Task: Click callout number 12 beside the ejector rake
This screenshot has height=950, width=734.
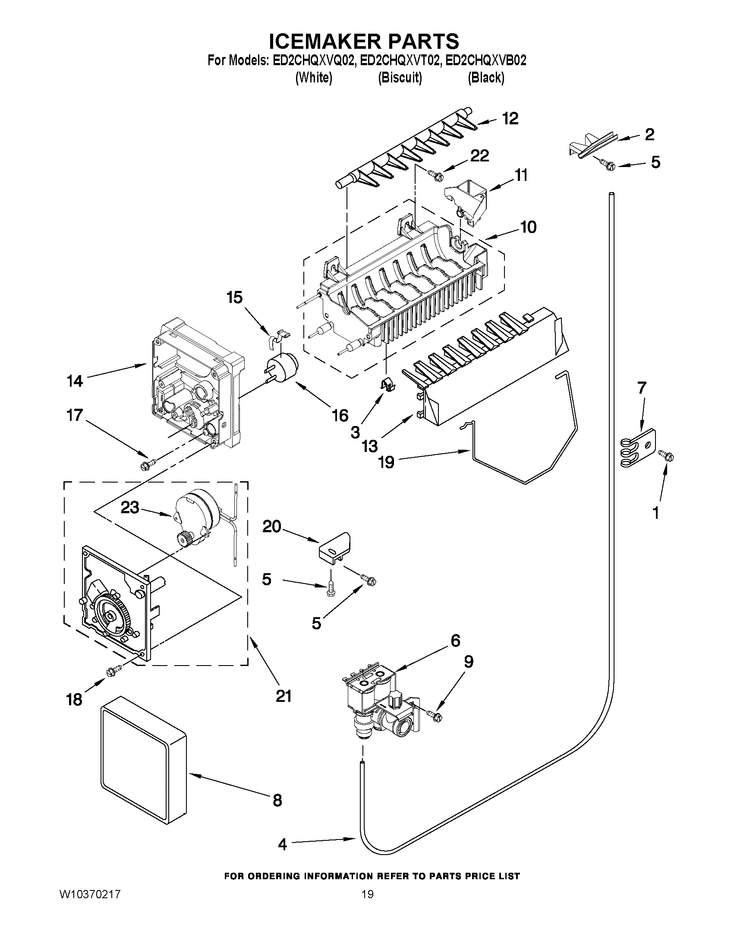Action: [510, 118]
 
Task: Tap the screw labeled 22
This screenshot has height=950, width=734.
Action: [435, 175]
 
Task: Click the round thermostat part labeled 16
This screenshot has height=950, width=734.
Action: [283, 368]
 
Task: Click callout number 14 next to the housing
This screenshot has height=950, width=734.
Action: [75, 381]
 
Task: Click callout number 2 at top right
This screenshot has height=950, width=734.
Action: [649, 134]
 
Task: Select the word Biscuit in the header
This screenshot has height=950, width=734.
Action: [400, 78]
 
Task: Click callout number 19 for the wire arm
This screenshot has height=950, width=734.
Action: [386, 462]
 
